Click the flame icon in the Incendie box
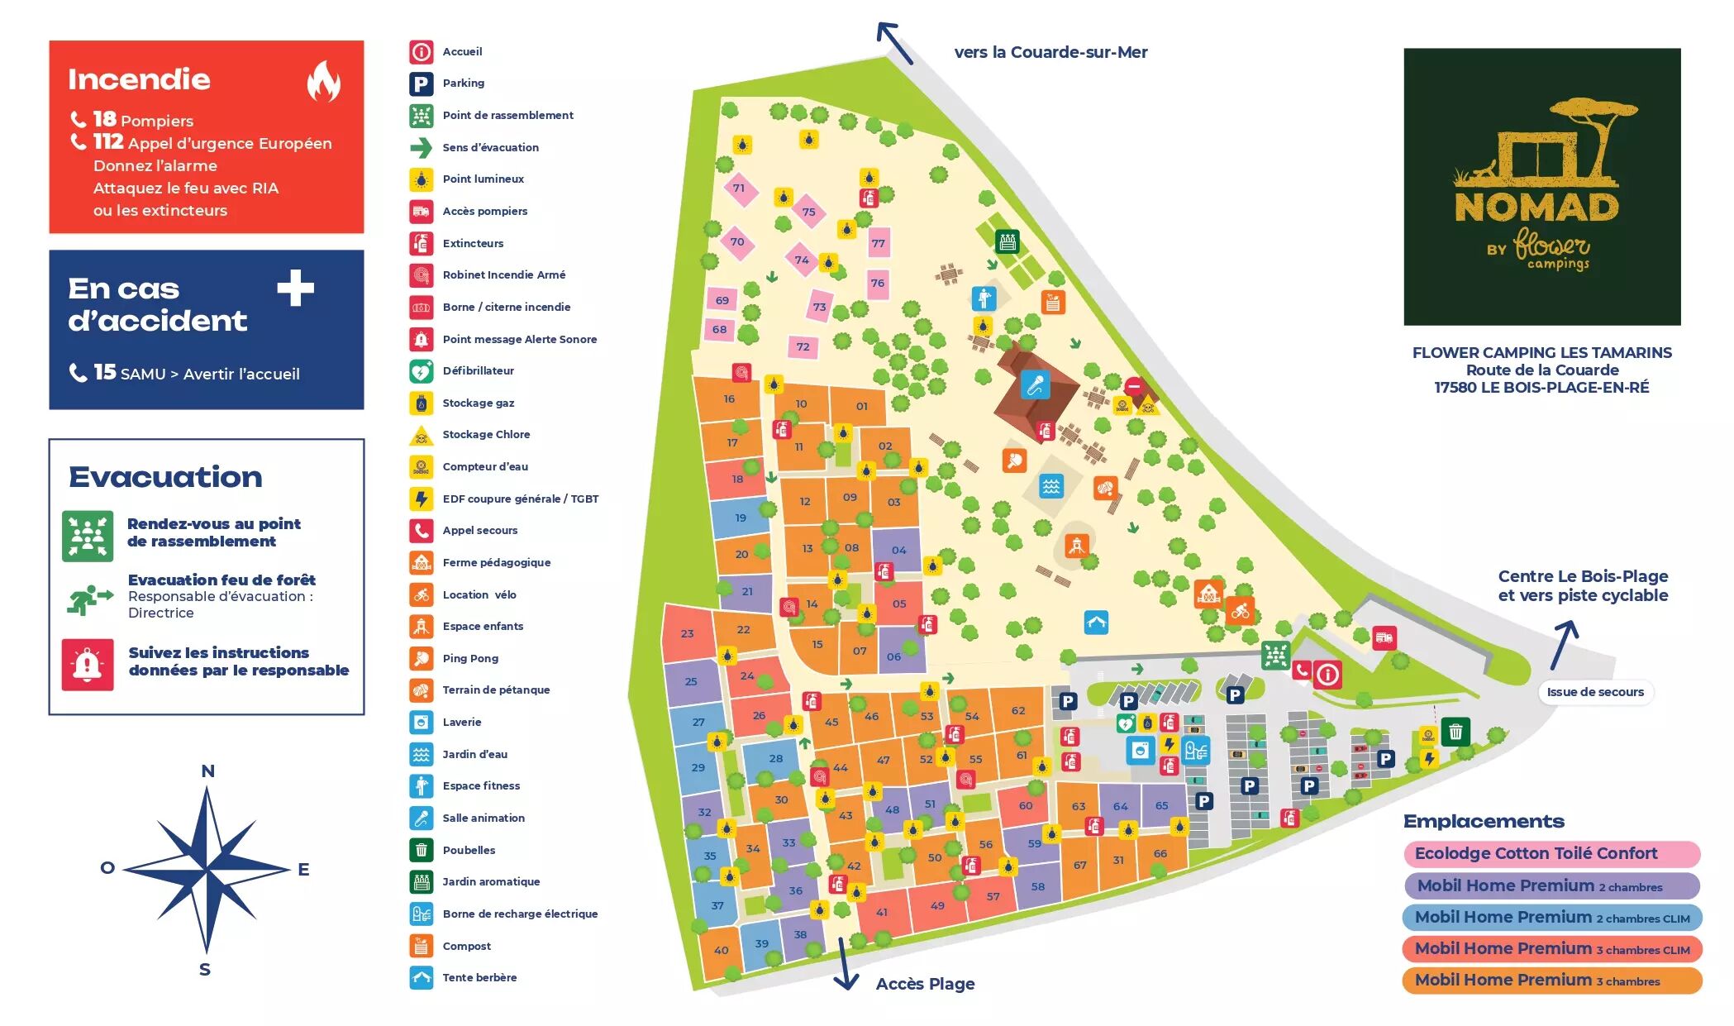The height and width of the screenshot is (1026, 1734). (323, 81)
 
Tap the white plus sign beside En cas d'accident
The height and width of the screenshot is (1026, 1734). (295, 289)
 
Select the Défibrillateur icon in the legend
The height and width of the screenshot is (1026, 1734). (422, 371)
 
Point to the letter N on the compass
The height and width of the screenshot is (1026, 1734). (207, 771)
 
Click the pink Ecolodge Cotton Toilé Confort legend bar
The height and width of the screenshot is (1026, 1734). (1551, 853)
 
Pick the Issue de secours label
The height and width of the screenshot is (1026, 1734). (1594, 692)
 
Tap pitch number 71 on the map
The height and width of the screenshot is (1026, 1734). (739, 188)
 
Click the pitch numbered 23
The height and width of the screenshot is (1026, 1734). (687, 633)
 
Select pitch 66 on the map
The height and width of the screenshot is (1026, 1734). (1160, 854)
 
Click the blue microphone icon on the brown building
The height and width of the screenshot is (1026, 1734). (1035, 384)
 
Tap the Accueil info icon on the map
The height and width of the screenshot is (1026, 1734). (1327, 675)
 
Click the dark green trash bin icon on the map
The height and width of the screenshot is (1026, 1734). (1455, 732)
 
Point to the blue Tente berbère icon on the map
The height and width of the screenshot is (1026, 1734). (1096, 623)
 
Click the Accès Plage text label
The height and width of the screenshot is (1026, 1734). (925, 984)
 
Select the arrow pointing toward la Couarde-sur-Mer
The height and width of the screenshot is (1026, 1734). (894, 42)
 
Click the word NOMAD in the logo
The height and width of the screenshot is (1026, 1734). (1536, 208)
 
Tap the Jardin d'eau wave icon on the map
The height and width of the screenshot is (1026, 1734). (1050, 486)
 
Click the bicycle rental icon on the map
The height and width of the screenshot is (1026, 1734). (1240, 612)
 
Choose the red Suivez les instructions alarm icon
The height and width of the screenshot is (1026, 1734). (88, 664)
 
